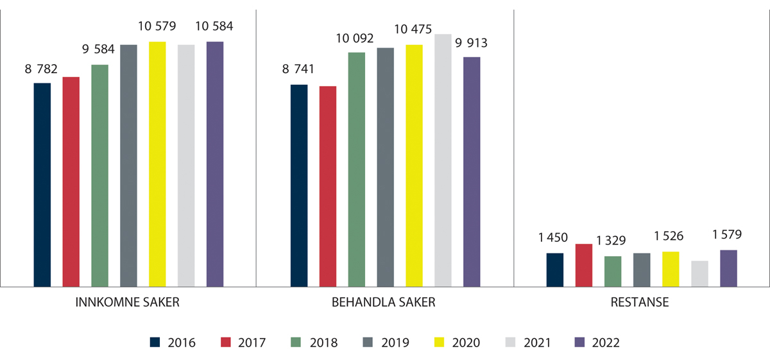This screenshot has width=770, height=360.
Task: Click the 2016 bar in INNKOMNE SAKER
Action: [x=42, y=185]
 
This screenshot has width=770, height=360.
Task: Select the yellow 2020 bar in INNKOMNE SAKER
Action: [x=157, y=164]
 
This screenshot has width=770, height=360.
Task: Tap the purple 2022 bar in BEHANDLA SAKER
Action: [x=472, y=172]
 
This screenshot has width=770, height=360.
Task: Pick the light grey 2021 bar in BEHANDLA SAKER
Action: [x=443, y=160]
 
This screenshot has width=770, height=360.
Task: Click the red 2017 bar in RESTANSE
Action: [x=584, y=265]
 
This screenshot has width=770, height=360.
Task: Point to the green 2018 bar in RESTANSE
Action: [x=613, y=271]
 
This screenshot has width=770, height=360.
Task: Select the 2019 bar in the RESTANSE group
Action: [x=642, y=270]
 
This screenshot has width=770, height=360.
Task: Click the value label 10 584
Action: [x=215, y=26]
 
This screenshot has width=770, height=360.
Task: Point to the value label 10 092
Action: [x=356, y=38]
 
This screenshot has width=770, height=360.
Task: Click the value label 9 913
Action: [x=472, y=43]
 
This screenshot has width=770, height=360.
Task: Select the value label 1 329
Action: [x=613, y=241]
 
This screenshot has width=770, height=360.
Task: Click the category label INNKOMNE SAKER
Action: [x=128, y=303]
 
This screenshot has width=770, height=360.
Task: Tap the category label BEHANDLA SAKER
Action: [x=384, y=303]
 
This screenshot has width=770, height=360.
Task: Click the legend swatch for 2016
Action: [x=155, y=343]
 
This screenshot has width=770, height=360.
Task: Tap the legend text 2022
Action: [x=606, y=343]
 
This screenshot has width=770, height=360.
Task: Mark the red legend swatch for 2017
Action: [x=225, y=343]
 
